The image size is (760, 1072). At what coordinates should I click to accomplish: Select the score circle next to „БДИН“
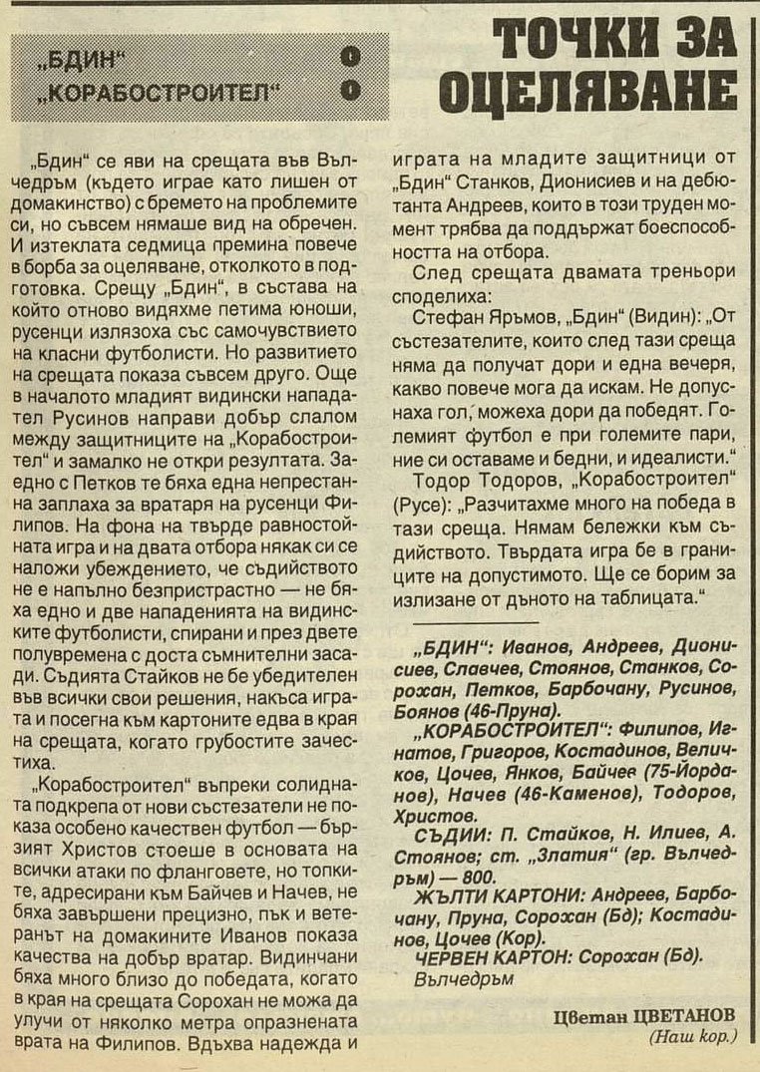click(350, 56)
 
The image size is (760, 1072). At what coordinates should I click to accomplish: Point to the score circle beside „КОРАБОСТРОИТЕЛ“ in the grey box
click(350, 91)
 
